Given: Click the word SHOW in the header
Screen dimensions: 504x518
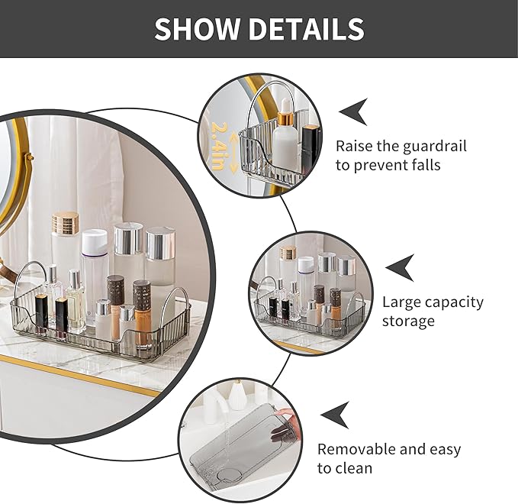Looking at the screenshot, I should (195, 29).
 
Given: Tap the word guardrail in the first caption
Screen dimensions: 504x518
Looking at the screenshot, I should (432, 146).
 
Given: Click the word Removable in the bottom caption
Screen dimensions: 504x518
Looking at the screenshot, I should (359, 449).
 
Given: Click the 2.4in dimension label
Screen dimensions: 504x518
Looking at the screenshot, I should (220, 146).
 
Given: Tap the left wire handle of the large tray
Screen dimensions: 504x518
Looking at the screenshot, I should (27, 279).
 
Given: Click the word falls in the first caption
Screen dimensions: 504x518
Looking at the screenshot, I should (423, 165).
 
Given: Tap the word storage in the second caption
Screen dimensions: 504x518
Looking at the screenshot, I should (408, 321).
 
